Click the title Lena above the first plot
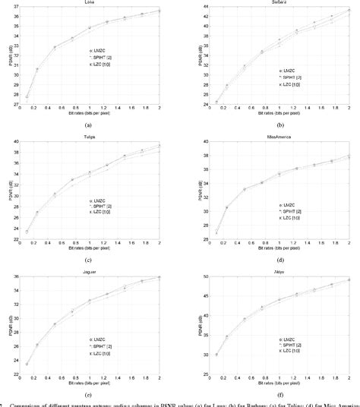click(90, 2)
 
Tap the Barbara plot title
click(270, 2)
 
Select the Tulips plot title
click(90, 137)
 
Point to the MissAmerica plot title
click(270, 137)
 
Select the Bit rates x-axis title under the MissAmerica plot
click(270, 248)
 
